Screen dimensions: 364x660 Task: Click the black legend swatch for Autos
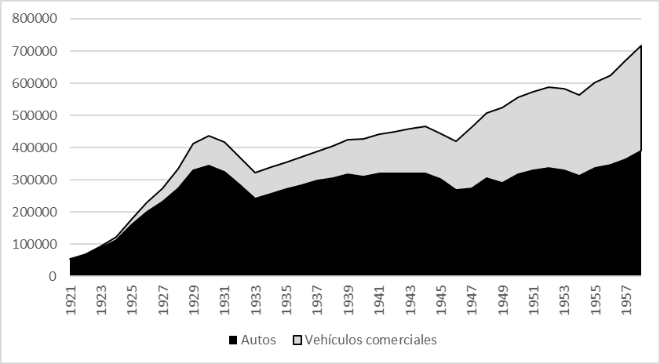click(233, 340)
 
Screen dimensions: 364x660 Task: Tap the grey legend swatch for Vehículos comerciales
click(297, 340)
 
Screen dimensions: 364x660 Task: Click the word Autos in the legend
click(258, 340)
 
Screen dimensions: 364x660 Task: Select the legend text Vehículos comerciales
click(370, 340)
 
